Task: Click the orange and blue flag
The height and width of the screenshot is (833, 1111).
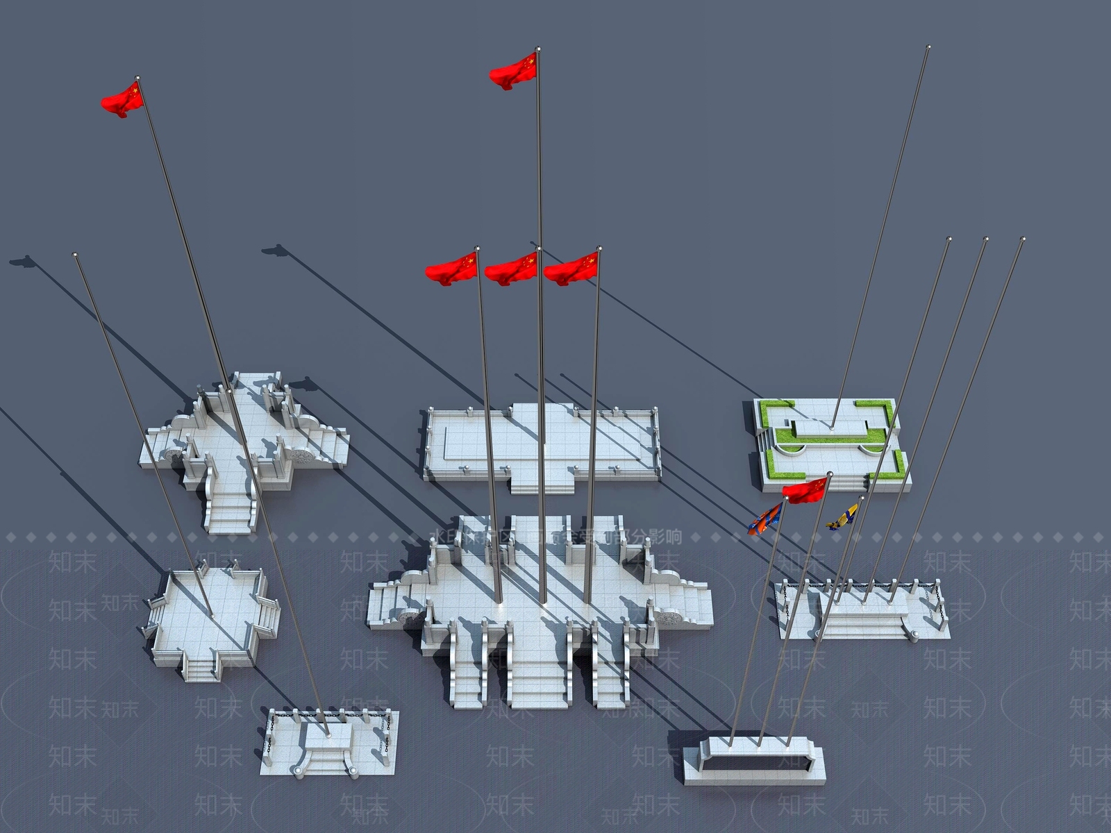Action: pyautogui.click(x=765, y=519)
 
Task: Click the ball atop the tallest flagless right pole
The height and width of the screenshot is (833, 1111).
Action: pyautogui.click(x=928, y=47)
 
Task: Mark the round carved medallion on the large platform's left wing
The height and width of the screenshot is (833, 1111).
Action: pyautogui.click(x=407, y=616)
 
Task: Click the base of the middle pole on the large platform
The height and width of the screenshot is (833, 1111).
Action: pyautogui.click(x=542, y=601)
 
